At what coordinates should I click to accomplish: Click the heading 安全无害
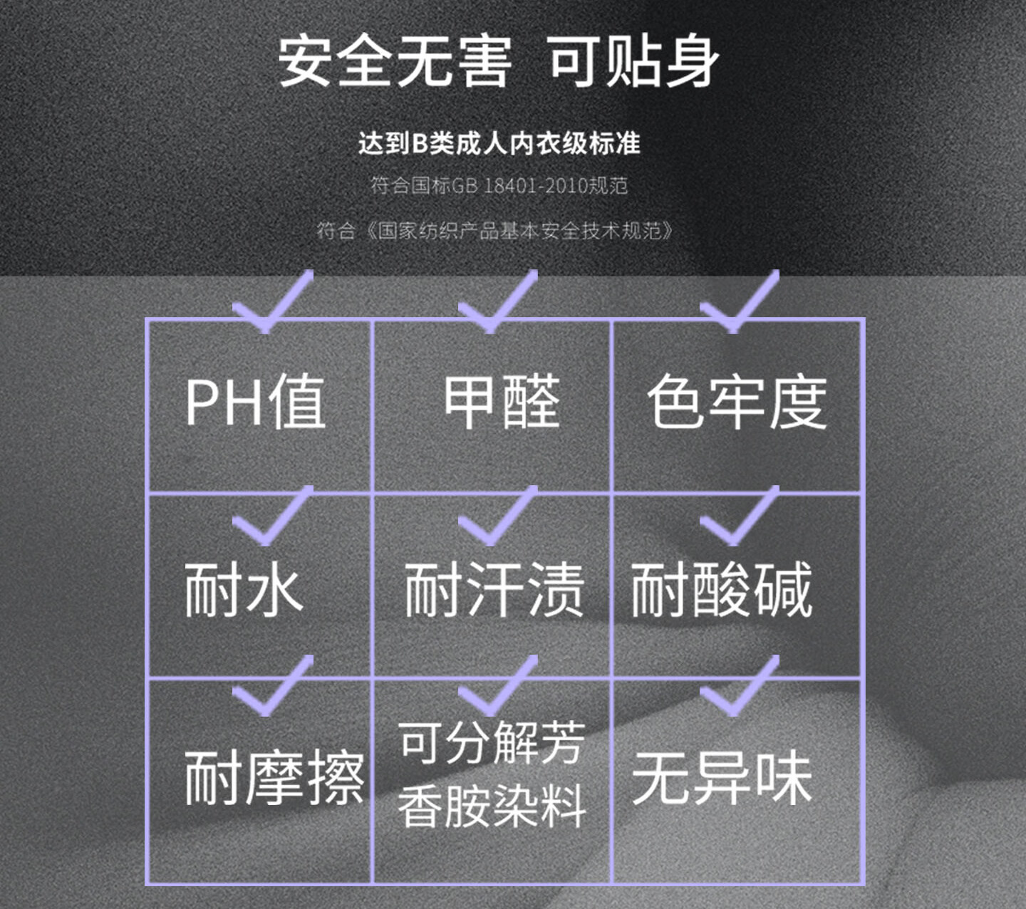coord(395,61)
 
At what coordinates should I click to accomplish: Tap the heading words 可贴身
coord(633,61)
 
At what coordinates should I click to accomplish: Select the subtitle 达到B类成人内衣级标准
coord(499,144)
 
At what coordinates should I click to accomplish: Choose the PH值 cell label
coord(255,402)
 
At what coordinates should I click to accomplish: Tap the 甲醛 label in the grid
coord(502,402)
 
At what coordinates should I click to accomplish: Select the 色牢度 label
coord(737,402)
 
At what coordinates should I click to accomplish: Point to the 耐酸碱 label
coord(721,589)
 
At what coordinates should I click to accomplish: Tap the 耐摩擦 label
coord(274,777)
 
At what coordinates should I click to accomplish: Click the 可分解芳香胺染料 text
coord(492,774)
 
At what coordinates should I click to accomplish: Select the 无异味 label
coord(722,777)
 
